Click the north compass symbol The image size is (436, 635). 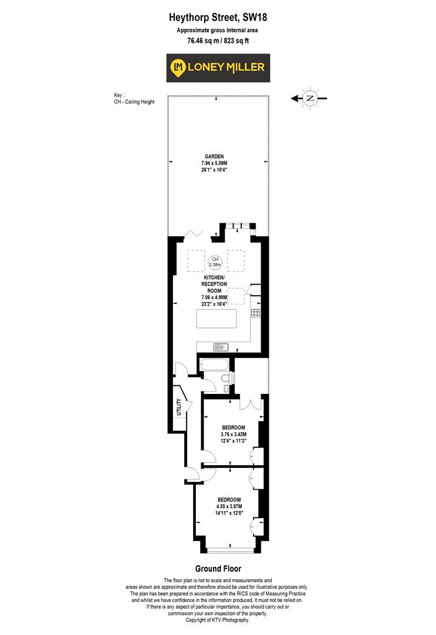(310, 99)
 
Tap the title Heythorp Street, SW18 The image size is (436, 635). (218, 19)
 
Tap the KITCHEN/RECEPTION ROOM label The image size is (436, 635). (215, 284)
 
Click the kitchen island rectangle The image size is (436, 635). (217, 320)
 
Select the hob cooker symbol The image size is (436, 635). (257, 313)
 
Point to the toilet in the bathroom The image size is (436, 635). (225, 378)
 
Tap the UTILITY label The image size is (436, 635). (177, 407)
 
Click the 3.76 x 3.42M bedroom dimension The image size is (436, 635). (234, 435)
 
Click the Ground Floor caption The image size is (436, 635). (218, 569)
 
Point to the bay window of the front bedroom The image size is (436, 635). (230, 550)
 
